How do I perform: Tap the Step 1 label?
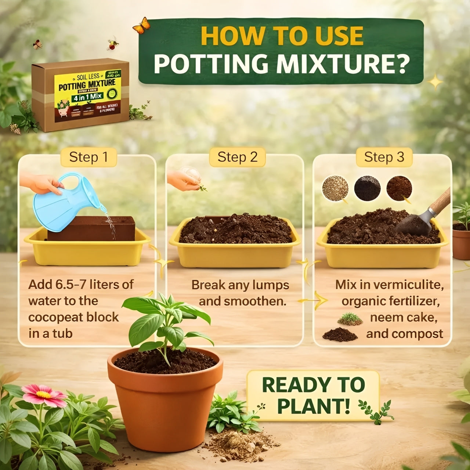(x=88, y=157)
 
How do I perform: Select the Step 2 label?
(x=237, y=157)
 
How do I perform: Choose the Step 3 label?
(x=384, y=157)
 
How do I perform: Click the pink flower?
(x=44, y=395)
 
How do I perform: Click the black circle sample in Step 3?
(x=367, y=188)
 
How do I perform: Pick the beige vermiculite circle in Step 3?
(x=335, y=188)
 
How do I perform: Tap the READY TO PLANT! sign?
(x=313, y=395)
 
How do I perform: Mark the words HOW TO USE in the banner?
(x=282, y=36)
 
